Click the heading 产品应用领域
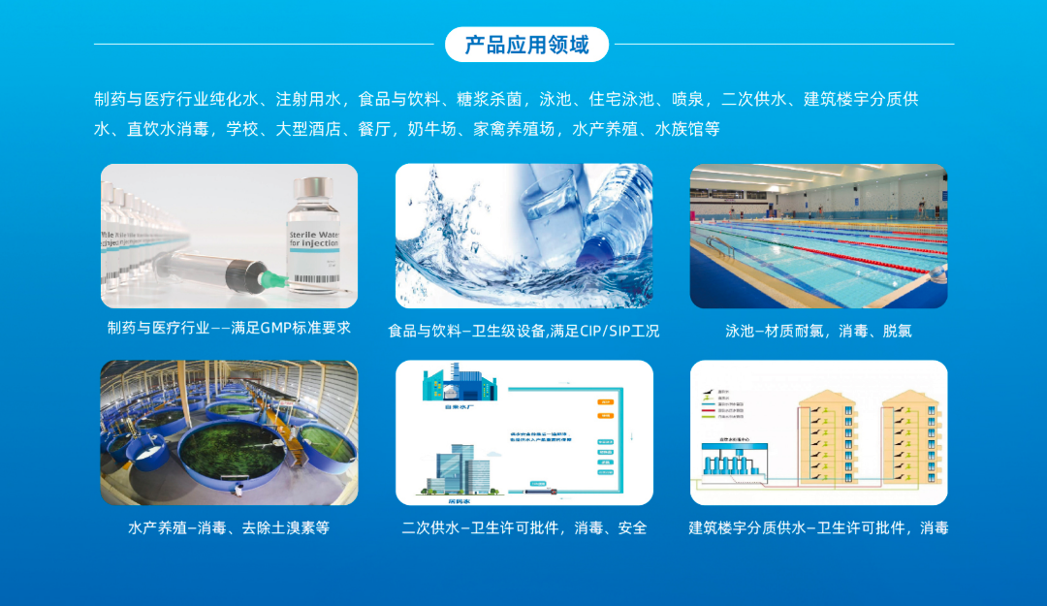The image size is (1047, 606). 526,45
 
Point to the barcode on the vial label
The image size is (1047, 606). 313,279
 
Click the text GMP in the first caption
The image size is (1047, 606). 276,328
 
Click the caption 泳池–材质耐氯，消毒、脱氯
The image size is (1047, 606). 818,331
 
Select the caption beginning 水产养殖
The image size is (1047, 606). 229,528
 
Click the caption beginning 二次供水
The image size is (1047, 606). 523,528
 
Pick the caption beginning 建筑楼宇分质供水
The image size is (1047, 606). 818,528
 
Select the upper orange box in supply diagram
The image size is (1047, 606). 606,400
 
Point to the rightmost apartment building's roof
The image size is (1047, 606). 911,395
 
